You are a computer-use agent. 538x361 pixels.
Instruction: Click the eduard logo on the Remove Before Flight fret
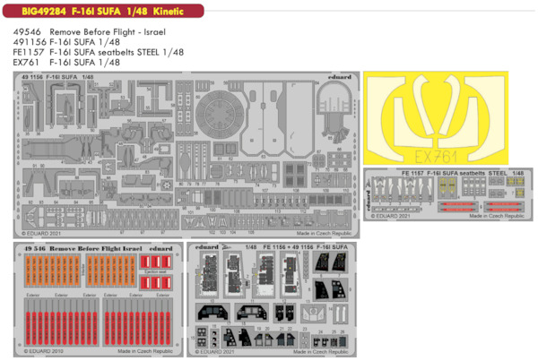161,247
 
